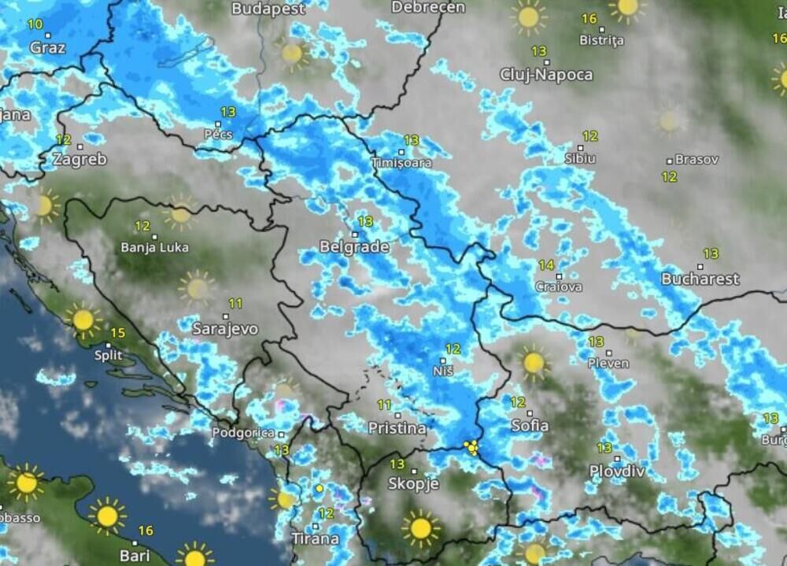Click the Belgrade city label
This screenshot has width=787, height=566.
coord(354,247)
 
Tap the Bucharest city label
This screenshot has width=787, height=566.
coord(700,279)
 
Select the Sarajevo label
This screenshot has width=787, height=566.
coord(225,329)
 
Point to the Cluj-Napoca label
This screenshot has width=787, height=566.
coord(546,75)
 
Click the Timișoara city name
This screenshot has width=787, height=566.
coord(401,163)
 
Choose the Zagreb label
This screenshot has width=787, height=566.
coord(79,160)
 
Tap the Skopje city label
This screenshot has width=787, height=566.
coord(414,483)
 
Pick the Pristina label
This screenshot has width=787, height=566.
coord(397,428)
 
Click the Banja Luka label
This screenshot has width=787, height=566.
coord(154,247)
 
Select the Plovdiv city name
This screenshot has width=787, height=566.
coord(617,471)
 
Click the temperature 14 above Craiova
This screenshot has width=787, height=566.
coord(546,265)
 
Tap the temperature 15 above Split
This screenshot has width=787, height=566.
coord(117,332)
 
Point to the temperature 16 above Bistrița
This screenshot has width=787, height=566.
coord(589,19)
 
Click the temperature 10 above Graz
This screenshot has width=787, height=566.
coord(35,24)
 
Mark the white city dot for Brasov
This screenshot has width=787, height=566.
coord(670,161)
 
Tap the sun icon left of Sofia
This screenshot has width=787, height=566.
coord(534,362)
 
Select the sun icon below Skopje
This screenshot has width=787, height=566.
coord(420,528)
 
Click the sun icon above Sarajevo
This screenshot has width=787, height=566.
coord(196,287)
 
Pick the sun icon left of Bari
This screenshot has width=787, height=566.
coord(107,516)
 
